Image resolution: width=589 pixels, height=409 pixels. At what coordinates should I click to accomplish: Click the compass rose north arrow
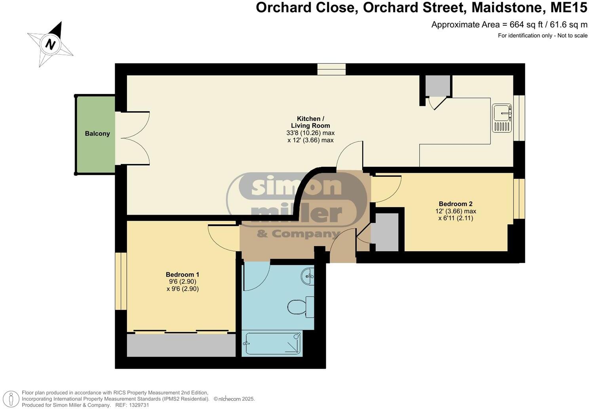pos(51,44)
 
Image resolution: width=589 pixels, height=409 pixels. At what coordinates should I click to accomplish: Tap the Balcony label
pos(97,134)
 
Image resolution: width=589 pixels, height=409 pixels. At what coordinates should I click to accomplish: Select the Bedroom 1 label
pos(182,275)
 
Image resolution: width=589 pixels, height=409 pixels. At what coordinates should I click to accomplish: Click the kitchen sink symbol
pos(502,118)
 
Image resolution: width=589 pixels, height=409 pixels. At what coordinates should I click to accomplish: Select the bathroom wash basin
pos(308,276)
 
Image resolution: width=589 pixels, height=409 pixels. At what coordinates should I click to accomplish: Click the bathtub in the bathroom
pos(273,343)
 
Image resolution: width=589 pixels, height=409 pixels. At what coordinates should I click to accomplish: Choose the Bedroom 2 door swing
pos(386,189)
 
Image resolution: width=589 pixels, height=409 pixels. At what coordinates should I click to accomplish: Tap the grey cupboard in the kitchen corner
pos(437,86)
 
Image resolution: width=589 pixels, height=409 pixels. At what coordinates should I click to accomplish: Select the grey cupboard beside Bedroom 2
pos(386,232)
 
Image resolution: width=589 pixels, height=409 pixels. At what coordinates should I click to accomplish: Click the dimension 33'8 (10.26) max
pos(310,133)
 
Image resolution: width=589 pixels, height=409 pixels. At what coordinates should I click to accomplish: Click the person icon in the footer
pos(13,398)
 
